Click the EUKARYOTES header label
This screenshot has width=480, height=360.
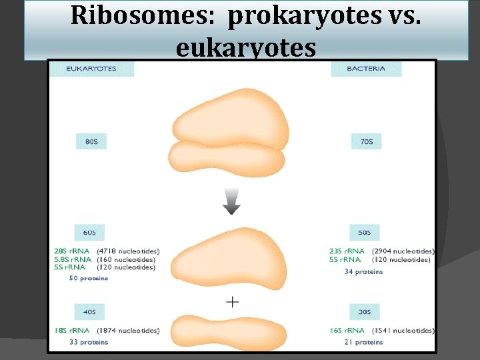pyautogui.click(x=91, y=69)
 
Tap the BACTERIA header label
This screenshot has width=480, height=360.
pyautogui.click(x=366, y=69)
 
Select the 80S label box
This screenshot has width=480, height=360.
pyautogui.click(x=91, y=142)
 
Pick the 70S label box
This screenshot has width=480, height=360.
pyautogui.click(x=367, y=142)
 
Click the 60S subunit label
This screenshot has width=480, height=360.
pyautogui.click(x=89, y=233)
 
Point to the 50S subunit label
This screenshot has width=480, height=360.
pyautogui.click(x=364, y=233)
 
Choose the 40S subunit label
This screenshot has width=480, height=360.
pyautogui.click(x=89, y=311)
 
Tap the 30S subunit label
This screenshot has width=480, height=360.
pyautogui.click(x=364, y=311)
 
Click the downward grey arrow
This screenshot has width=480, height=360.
pyautogui.click(x=231, y=201)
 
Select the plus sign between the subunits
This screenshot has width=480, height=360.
pyautogui.click(x=232, y=302)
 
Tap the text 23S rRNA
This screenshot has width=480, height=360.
pyautogui.click(x=346, y=251)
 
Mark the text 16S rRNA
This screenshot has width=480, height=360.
pyautogui.click(x=346, y=331)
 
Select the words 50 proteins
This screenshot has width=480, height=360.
pyautogui.click(x=89, y=278)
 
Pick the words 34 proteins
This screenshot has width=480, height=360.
pyautogui.click(x=364, y=271)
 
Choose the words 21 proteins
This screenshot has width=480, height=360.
pyautogui.click(x=364, y=342)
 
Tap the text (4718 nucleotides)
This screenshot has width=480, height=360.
pyautogui.click(x=129, y=251)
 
